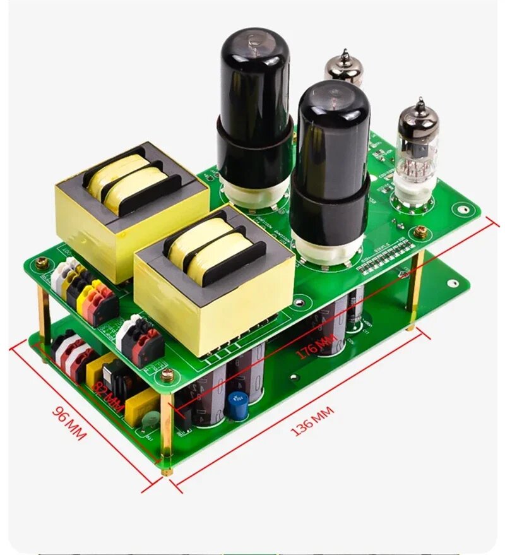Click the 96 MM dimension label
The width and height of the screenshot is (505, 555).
click(68, 424)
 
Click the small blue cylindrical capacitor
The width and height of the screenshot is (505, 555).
click(237, 406)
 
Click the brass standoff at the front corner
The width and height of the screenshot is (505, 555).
click(165, 429)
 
